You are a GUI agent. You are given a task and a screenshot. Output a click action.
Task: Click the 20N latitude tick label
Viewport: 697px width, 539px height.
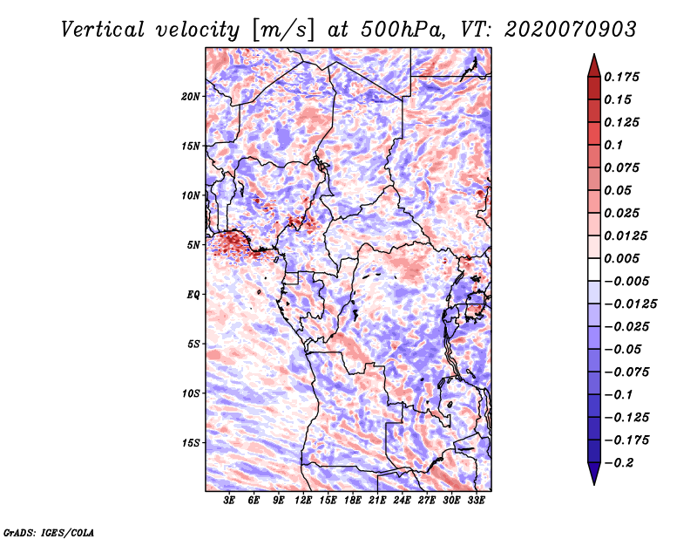[x=191, y=97]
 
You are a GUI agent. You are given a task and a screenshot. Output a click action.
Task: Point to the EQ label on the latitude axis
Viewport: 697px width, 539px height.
[x=193, y=295]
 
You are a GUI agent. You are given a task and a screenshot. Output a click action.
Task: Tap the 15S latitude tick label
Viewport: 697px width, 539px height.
[x=191, y=443]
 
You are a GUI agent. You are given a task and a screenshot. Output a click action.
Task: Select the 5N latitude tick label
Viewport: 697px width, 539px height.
[x=193, y=245]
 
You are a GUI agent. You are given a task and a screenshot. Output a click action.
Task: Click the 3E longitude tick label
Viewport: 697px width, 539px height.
[x=229, y=501]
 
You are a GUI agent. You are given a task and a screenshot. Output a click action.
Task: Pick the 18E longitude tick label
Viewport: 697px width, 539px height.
[x=353, y=501]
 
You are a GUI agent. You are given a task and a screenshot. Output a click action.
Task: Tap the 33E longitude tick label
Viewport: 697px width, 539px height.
[x=476, y=501]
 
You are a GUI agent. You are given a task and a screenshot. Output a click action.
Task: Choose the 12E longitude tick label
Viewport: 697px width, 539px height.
[x=303, y=501]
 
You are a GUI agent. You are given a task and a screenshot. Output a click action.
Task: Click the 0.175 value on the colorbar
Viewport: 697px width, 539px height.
[x=621, y=77]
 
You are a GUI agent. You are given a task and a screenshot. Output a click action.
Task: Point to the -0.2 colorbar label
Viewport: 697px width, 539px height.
[x=619, y=463]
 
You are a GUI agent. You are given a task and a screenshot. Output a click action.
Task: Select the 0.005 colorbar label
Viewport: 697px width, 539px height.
[x=621, y=258]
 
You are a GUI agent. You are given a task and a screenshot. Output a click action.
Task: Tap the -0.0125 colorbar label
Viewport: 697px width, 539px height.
[x=630, y=304]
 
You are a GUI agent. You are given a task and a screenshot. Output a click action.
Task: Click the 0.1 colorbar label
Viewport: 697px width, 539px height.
[x=613, y=145]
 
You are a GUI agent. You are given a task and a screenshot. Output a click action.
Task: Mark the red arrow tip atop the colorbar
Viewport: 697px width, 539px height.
[x=594, y=55]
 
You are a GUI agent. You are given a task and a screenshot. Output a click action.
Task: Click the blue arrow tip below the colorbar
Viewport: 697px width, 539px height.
[x=594, y=483]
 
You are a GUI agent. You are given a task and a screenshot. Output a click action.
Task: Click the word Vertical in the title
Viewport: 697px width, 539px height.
[x=103, y=30]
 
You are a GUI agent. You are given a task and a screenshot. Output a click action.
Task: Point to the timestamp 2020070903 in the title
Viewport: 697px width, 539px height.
[x=571, y=30]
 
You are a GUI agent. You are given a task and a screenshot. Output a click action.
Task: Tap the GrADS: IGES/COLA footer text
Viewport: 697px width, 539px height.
[x=49, y=533]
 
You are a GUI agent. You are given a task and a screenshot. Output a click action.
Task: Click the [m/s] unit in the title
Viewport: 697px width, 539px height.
[x=283, y=31]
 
